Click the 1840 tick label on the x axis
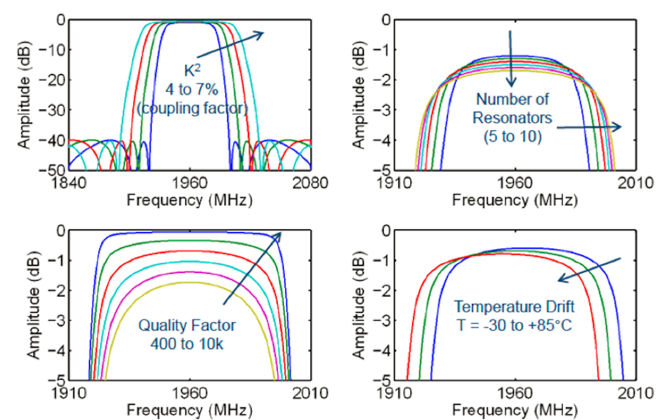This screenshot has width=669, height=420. tap(69, 183)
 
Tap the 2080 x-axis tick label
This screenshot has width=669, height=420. tap(310, 183)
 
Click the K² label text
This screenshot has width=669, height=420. tap(192, 71)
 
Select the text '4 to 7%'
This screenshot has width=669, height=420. tap(192, 89)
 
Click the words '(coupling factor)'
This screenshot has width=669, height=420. tap(192, 108)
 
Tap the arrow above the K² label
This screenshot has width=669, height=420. tap(230, 45)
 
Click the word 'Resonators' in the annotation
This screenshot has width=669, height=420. tap(512, 118)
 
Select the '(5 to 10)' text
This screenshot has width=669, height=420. tap(512, 136)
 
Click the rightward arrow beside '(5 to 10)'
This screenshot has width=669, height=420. tap(589, 127)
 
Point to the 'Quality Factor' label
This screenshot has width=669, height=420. tap(187, 325)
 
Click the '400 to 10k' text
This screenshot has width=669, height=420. tap(187, 344)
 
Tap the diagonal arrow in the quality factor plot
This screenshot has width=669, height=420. tap(252, 268)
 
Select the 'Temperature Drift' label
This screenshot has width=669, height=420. tap(514, 307)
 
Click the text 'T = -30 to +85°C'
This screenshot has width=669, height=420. tap(514, 325)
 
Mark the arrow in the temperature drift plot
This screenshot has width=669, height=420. tap(589, 270)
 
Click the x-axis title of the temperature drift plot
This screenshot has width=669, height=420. tap(515, 410)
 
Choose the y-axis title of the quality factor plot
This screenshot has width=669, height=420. tap(33, 305)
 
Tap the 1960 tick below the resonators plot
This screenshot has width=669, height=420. tap(515, 183)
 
